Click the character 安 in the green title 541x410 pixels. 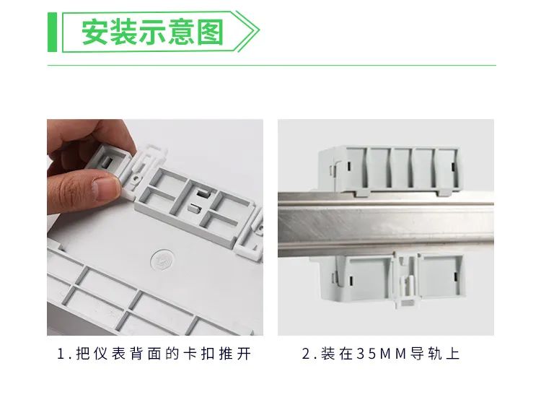tap(95, 32)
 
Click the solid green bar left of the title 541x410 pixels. tap(51, 32)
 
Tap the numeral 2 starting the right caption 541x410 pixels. tap(306, 354)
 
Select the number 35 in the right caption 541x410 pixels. tap(369, 354)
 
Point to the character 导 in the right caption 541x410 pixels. tap(418, 354)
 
